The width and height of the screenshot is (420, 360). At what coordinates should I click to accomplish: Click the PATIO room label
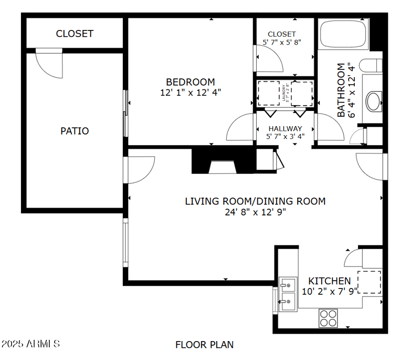(x=75, y=131)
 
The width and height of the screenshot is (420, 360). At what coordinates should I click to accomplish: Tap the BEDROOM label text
(x=190, y=82)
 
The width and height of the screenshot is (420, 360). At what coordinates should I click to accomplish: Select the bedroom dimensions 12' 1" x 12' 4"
(x=190, y=92)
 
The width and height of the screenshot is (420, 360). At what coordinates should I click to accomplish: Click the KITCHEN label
(x=329, y=281)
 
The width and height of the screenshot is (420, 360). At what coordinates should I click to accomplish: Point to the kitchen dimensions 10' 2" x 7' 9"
(x=329, y=290)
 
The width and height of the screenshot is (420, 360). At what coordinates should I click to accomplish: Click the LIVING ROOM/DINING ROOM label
(x=255, y=201)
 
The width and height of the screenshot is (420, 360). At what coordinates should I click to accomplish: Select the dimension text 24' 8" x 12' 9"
(x=255, y=212)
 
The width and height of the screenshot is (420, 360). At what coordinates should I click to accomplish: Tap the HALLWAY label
(x=285, y=128)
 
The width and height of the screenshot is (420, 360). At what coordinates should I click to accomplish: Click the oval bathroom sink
(x=374, y=101)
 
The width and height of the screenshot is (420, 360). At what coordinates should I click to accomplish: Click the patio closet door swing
(x=49, y=63)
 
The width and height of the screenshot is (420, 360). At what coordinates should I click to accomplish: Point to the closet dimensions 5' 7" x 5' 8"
(x=282, y=42)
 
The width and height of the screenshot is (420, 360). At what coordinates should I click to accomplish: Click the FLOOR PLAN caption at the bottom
(x=204, y=345)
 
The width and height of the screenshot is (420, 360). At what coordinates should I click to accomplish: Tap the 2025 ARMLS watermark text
(x=31, y=344)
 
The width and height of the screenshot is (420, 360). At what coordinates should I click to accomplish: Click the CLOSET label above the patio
(x=75, y=34)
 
